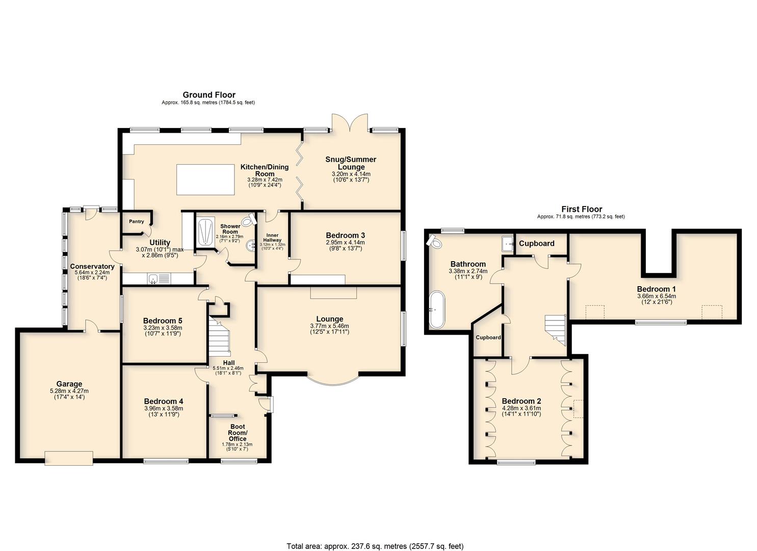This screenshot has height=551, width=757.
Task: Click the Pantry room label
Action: point(137,221)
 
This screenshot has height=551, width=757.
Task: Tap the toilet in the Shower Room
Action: point(250,219)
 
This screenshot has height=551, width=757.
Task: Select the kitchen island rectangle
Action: point(205,180)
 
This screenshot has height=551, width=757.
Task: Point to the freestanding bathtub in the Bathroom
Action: point(437,309)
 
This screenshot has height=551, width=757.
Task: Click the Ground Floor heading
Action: point(209,95)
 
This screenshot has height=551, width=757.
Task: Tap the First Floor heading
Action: point(582,209)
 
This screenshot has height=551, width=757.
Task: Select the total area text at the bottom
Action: point(375,536)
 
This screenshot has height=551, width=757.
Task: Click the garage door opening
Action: point(69,458)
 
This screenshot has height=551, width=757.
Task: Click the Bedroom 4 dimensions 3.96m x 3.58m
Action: point(164,408)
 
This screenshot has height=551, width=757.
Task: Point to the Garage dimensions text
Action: point(69,394)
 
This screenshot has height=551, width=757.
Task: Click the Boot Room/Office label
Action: point(238,433)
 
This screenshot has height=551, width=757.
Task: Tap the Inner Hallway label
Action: point(272,237)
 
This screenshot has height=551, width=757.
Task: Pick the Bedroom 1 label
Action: point(656,289)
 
